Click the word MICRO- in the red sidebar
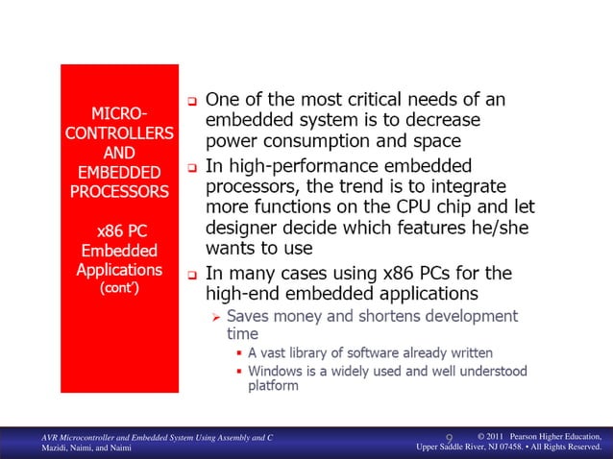click(119, 110)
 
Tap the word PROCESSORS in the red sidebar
click(119, 191)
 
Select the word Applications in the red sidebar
click(119, 270)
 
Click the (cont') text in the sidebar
click(119, 287)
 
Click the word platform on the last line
click(273, 386)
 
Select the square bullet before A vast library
click(238, 354)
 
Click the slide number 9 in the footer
click(449, 441)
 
